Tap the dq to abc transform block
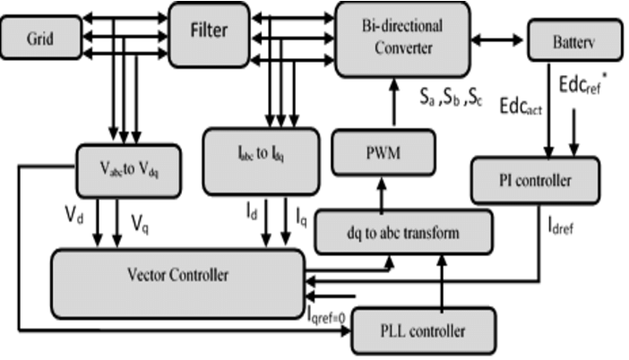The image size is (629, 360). coord(403,233)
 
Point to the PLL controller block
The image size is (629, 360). coord(422,330)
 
